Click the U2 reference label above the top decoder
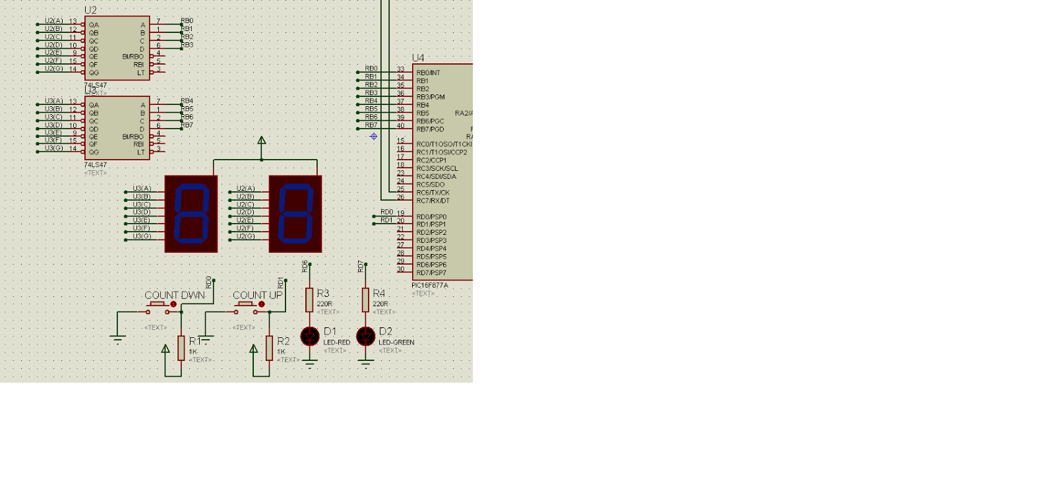pos(90,11)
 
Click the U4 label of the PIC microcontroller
pos(418,58)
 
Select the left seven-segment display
pos(191,214)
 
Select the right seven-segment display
pos(295,214)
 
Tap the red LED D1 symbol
pos(310,337)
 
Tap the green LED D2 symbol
pos(366,337)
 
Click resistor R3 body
pos(309,300)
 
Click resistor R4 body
pos(365,300)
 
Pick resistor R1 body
pos(181,348)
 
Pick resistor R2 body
pos(269,348)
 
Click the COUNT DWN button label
pos(175,295)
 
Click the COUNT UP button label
pos(257,295)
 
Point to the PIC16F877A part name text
pos(430,286)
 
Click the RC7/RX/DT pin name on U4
pos(433,201)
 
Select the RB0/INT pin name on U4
pos(428,73)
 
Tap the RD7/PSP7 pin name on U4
pos(431,273)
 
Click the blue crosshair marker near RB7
pos(374,137)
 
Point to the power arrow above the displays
pos(262,141)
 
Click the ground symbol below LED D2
pos(366,362)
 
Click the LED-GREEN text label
pos(396,342)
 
